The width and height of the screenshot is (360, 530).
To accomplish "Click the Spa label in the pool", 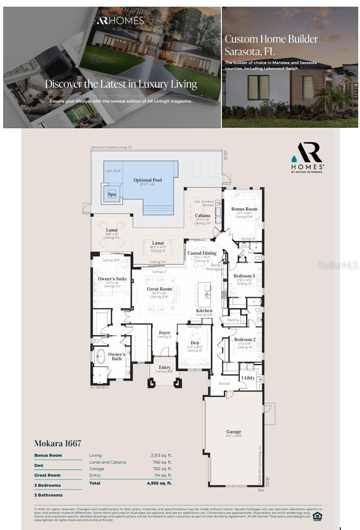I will (111, 194).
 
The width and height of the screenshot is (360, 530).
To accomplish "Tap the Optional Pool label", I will (147, 180).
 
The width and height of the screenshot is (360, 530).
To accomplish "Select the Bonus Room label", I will (244, 209).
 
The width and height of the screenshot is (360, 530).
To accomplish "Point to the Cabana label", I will (202, 216).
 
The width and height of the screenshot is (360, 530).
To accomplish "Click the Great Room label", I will (160, 289).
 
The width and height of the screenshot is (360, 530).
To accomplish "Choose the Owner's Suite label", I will (112, 279).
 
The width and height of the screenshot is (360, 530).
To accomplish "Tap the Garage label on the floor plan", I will (233, 432).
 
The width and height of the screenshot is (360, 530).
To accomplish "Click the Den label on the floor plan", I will (195, 342).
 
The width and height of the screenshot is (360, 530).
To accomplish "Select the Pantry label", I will (233, 320).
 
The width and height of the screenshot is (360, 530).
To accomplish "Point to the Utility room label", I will (248, 378).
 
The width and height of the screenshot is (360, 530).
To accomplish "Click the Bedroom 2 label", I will (245, 339).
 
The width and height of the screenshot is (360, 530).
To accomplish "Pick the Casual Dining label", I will (202, 253).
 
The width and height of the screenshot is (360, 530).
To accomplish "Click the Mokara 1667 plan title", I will (58, 443).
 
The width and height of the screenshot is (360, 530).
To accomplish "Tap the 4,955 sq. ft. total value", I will (159, 483).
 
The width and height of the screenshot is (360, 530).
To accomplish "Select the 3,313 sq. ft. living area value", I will (161, 455).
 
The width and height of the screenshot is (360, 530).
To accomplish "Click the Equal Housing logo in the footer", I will (317, 516).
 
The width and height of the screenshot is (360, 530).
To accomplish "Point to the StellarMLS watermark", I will (338, 265).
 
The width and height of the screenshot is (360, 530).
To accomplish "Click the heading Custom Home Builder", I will (271, 39).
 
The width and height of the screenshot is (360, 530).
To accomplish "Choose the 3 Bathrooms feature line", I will (49, 495).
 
